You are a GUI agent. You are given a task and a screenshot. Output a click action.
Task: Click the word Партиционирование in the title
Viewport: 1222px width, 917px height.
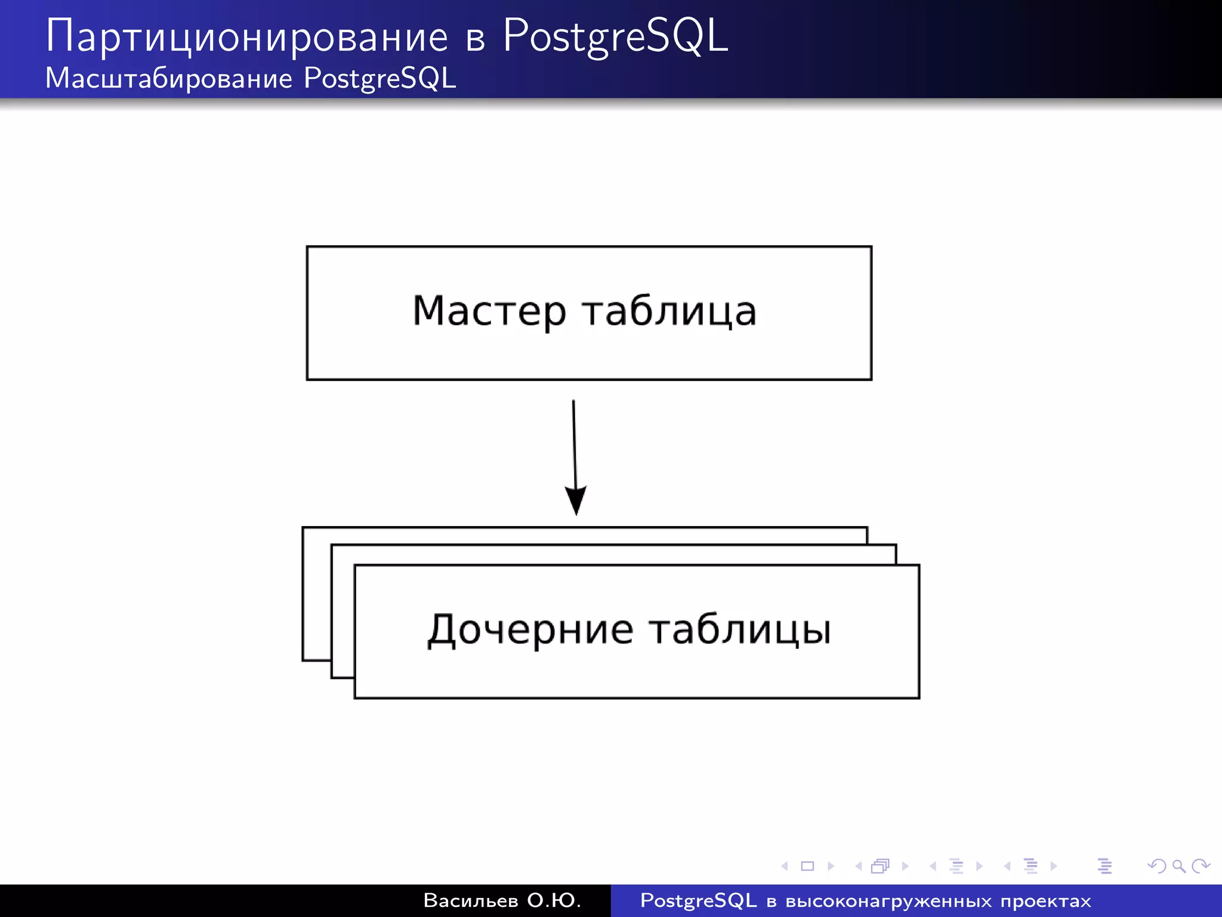tap(246, 37)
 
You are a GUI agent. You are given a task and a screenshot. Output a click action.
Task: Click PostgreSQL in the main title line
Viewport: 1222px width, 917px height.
tap(615, 37)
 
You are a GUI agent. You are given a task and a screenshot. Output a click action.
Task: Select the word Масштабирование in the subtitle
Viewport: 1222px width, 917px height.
tap(169, 79)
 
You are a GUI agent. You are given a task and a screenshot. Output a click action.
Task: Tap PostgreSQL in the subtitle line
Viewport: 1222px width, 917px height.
tap(379, 79)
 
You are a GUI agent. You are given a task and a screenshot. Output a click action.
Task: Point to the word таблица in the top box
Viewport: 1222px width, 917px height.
tap(669, 312)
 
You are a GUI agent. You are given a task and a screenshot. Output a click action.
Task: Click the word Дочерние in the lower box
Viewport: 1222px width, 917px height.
tap(530, 630)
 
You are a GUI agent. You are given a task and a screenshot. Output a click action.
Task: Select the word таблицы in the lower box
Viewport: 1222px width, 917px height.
tap(740, 630)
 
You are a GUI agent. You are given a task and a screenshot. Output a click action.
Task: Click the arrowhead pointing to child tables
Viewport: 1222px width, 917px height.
tap(576, 500)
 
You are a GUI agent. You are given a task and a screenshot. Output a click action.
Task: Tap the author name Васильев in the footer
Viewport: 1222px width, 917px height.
tap(471, 900)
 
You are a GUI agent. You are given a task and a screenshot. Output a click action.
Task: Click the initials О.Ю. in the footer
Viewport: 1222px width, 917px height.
tap(554, 900)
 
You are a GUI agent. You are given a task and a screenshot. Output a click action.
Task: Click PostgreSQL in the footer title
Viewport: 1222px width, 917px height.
tap(698, 900)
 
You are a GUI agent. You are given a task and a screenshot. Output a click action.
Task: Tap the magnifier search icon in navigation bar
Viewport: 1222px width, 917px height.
tap(1178, 866)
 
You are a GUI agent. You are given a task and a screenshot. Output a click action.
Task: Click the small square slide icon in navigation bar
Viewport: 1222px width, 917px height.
tap(807, 866)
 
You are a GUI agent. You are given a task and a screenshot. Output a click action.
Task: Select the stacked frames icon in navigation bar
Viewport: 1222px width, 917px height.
tap(880, 866)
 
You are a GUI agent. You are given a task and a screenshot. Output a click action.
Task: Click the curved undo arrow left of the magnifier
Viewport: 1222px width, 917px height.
tap(1157, 866)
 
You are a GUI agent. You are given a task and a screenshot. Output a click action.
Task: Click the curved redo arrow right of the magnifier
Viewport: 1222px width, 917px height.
tap(1201, 866)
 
